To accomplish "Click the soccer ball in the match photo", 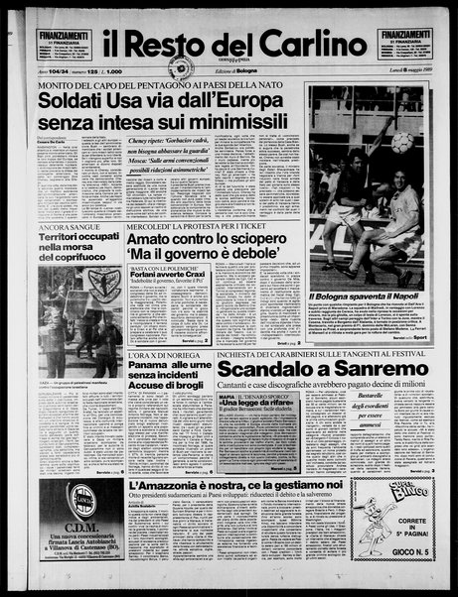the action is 400,142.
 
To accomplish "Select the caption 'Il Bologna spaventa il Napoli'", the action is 364,297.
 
